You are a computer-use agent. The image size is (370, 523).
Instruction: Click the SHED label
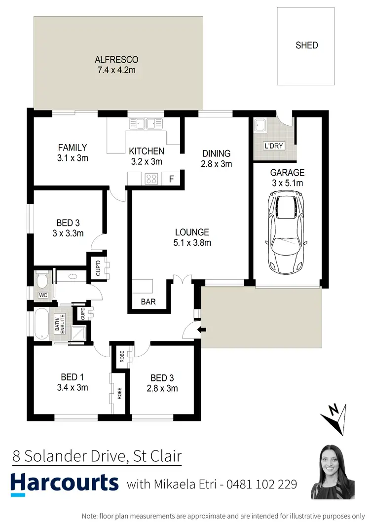point(306,45)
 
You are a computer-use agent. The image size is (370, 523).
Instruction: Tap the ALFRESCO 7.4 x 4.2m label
point(116,65)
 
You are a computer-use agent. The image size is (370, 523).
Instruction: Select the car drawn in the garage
point(287,233)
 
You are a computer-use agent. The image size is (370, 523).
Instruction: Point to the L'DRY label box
point(272,147)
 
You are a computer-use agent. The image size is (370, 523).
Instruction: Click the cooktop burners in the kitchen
point(151,179)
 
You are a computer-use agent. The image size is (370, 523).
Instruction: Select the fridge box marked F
point(171,179)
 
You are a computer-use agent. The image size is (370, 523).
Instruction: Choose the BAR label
point(148,301)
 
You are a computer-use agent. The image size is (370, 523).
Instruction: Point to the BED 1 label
point(72,383)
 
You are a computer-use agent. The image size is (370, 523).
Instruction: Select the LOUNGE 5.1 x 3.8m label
point(192,237)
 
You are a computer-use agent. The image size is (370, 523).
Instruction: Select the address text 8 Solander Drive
point(68,455)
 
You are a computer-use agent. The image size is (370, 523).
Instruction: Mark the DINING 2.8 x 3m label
point(216,158)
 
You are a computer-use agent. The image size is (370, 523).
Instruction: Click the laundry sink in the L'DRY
point(260,126)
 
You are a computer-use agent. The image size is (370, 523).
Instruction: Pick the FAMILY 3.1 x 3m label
point(73,152)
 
